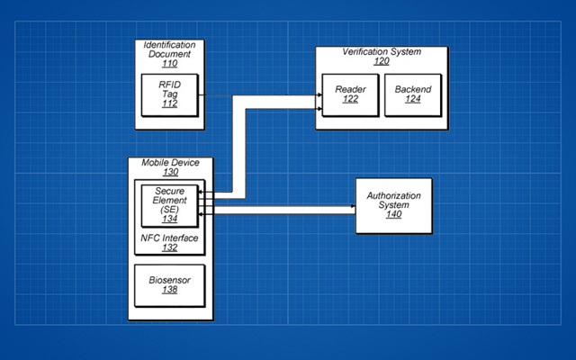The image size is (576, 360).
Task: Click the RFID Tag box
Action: tap(170, 95)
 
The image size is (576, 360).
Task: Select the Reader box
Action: tap(350, 95)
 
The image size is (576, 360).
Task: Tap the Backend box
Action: tap(413, 95)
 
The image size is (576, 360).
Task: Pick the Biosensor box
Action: tap(170, 285)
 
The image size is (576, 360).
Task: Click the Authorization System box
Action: tap(394, 206)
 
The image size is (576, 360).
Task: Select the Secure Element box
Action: tap(170, 206)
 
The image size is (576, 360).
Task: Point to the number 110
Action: tap(170, 64)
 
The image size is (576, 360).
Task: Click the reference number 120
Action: tap(382, 61)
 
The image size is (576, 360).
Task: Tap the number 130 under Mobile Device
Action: tap(170, 172)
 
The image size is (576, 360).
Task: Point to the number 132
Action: tap(170, 247)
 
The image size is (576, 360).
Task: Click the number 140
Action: tap(394, 214)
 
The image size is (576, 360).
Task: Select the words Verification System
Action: tap(382, 52)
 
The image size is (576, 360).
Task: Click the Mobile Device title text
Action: tap(170, 162)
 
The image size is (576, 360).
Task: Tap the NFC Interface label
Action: tap(170, 238)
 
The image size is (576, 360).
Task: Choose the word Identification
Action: tap(170, 45)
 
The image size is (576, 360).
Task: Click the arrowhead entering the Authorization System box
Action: tap(354, 206)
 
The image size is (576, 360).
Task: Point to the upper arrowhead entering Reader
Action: tap(320, 95)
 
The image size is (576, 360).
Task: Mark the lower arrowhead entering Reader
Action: tap(320, 109)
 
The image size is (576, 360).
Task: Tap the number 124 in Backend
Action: tap(413, 99)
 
